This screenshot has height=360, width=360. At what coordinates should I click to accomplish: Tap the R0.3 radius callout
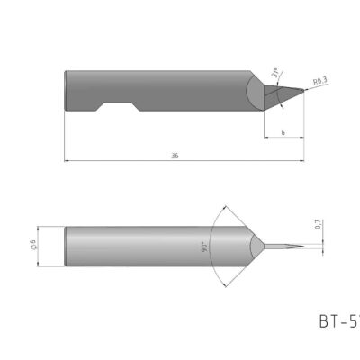(317, 82)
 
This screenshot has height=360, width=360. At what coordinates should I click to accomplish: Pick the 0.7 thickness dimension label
(319, 228)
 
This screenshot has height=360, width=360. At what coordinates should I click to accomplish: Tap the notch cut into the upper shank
(117, 107)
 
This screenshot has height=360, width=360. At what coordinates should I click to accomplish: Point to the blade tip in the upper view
(306, 93)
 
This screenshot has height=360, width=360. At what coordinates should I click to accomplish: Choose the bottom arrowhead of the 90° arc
(222, 283)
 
